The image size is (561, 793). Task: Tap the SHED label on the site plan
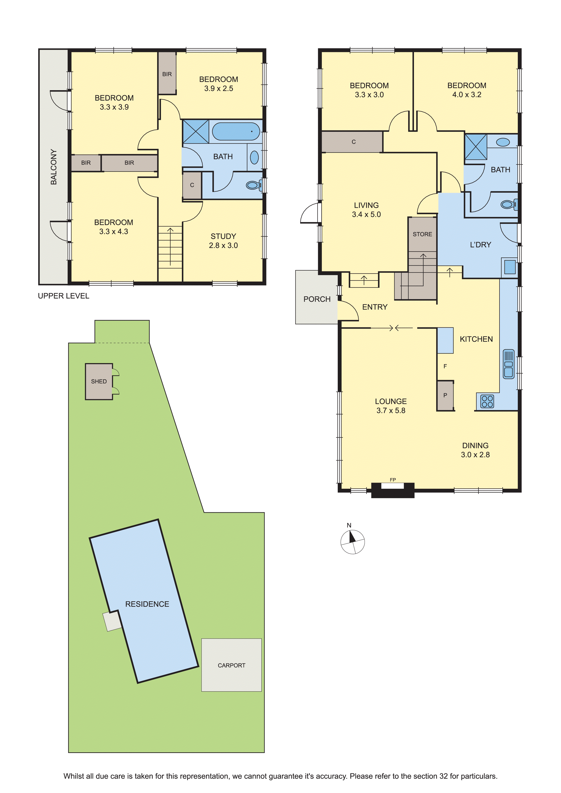coord(99,381)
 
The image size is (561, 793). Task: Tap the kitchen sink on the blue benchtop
coord(509,364)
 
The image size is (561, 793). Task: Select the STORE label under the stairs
coord(422,234)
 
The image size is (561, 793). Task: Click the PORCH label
coord(317,299)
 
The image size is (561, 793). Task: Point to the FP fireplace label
coord(393,480)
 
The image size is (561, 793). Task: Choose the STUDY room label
coord(223,236)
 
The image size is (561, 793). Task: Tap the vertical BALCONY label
coord(54,167)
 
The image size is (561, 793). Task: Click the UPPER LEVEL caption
coord(64,296)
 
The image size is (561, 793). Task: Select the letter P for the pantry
coord(445,395)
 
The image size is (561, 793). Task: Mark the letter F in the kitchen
coord(445,366)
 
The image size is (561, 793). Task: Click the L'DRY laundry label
coord(480,245)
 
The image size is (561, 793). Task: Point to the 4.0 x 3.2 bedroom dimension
coord(467,95)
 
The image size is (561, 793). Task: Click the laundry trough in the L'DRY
coord(509,267)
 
